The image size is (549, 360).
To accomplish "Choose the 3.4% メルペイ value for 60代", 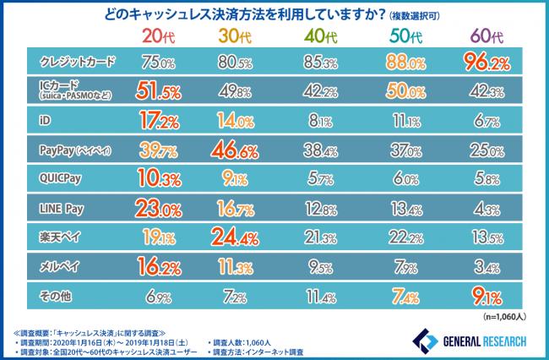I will [484, 267].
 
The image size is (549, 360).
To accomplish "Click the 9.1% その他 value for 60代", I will [484, 297].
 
